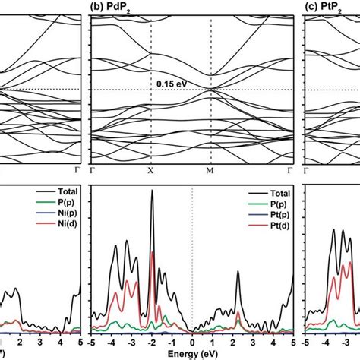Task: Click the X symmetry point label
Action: click(150, 172)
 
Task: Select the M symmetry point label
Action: click(211, 172)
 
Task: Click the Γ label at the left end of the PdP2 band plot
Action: click(92, 172)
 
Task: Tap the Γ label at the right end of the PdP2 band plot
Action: click(292, 172)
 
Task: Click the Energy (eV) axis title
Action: click(192, 354)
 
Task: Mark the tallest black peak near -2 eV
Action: click(152, 193)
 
